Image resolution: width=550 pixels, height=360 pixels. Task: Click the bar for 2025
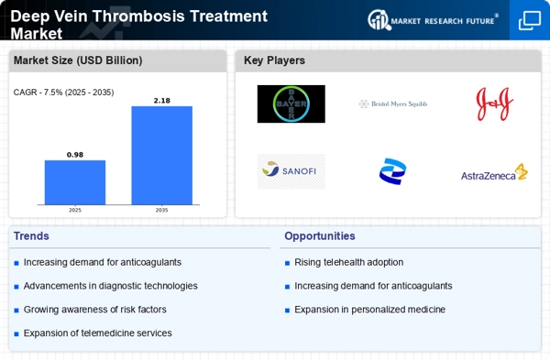pos(75,182)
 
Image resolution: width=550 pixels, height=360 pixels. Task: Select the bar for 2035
pos(161,155)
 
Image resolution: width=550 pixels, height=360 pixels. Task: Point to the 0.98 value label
pos(75,154)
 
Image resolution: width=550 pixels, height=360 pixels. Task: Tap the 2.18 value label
pos(161,99)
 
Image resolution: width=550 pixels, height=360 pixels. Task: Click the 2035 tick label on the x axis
pos(161,210)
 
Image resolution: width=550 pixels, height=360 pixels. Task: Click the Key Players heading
pos(274,61)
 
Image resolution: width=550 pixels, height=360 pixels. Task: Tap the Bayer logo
pos(291,104)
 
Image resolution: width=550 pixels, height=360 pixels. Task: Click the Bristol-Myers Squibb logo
pos(392,104)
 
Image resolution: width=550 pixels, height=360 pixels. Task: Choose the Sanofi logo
pos(291,171)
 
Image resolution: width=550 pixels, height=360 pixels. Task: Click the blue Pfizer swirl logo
pos(392,171)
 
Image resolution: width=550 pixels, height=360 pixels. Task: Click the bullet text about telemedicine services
pos(97,333)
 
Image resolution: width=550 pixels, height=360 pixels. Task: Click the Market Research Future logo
pos(434,19)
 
